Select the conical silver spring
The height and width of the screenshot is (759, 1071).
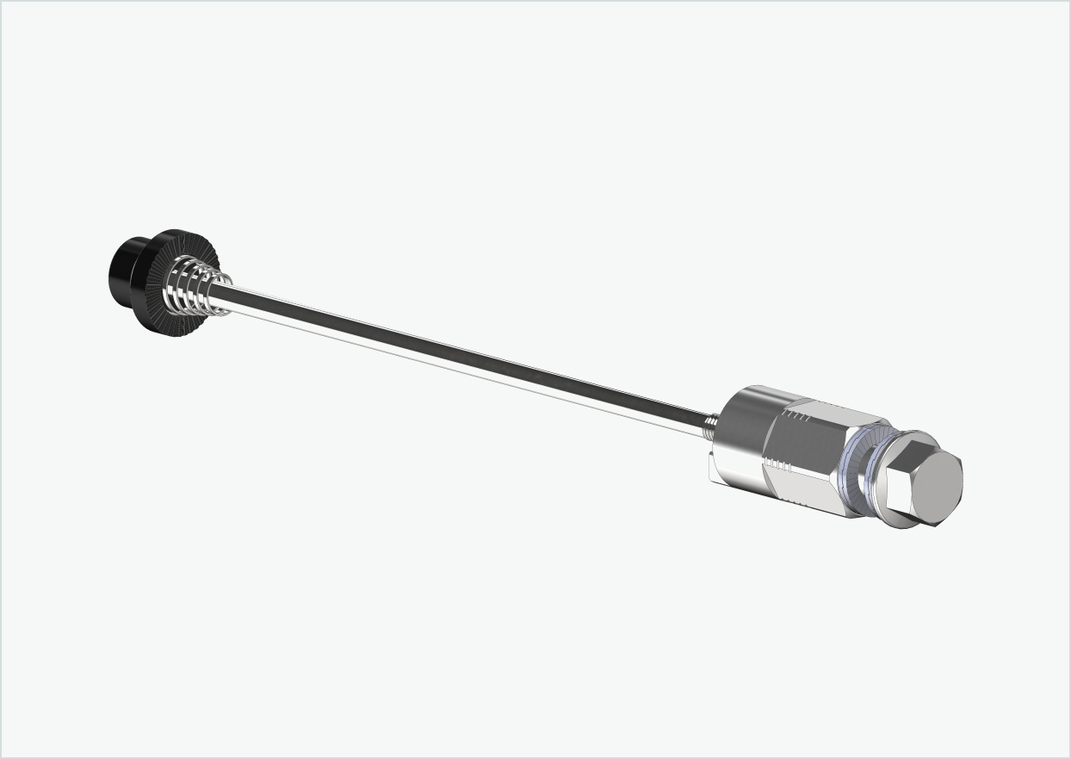[203, 289]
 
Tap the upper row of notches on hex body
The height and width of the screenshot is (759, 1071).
[800, 416]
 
